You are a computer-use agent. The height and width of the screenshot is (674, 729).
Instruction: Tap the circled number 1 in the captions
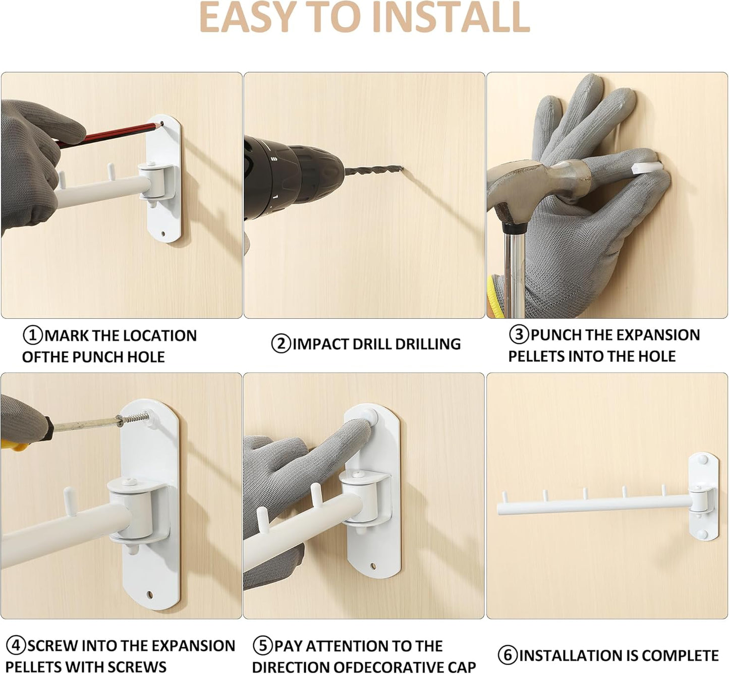point(33,335)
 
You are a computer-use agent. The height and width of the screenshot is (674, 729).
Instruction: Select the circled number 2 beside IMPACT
point(281,344)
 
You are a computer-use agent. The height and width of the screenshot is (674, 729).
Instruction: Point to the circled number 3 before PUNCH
point(519,335)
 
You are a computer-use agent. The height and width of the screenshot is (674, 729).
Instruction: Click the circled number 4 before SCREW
point(16,646)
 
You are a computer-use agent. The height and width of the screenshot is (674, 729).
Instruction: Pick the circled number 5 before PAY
point(263,646)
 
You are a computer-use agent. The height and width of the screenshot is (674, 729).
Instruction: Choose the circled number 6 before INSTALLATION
point(508,655)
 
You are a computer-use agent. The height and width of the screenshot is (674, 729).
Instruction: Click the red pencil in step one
point(110,135)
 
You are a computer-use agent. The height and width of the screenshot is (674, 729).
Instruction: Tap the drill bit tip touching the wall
point(402,168)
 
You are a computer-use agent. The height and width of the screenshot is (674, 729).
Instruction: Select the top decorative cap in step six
point(702,459)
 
